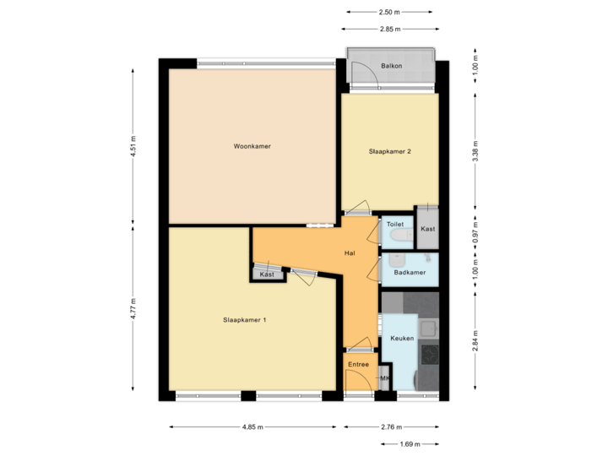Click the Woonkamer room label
point(252,146)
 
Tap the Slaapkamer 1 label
point(245,319)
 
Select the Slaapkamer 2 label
point(389,152)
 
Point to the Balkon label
point(391,65)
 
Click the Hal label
point(350,253)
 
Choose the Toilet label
point(395,225)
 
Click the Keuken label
point(402,338)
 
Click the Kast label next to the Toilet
point(428,229)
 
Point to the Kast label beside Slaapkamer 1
point(267,274)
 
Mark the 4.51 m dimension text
point(133,146)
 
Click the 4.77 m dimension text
point(133,304)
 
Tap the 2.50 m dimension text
point(389,13)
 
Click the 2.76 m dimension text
point(391,427)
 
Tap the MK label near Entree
point(384,377)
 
